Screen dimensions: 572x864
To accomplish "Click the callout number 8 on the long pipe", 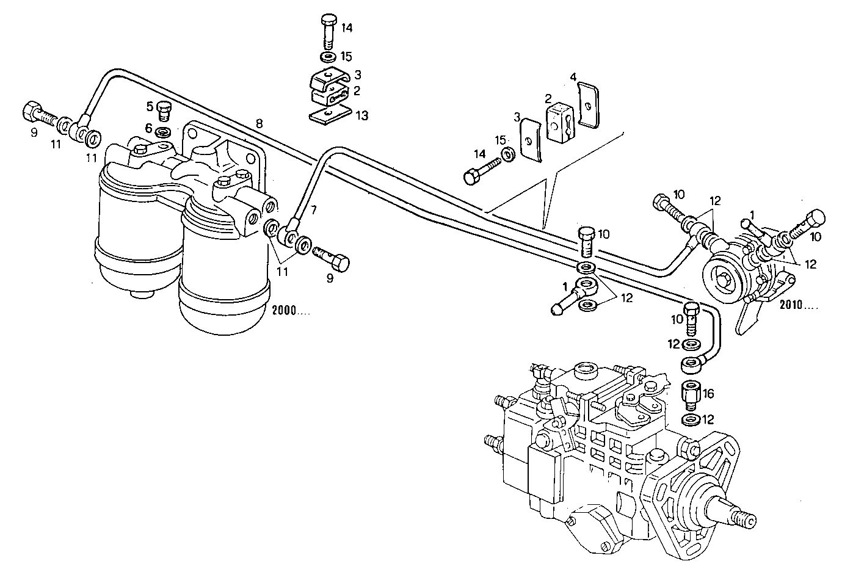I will coord(260,123).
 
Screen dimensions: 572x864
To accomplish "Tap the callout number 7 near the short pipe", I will coord(314,210).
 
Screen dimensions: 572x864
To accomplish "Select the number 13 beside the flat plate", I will coord(363,115).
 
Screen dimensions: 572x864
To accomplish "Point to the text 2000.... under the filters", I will coord(291,310).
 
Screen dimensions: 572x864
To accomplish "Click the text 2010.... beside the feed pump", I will coord(799,305).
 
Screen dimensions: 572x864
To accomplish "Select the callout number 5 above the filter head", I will coord(149,106).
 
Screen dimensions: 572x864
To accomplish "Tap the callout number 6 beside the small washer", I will coord(148,128).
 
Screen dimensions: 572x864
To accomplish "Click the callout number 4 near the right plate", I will coord(573,78).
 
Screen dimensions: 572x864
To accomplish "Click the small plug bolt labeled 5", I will coord(164,110).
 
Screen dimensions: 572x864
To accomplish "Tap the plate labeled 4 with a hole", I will coord(589,106).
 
